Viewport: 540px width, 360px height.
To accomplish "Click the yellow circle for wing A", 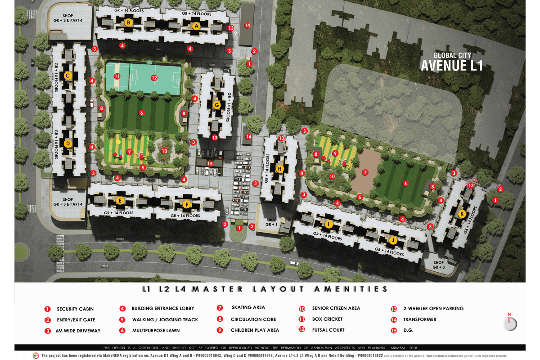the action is [196, 26].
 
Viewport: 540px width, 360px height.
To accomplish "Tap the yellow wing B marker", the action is [128, 22].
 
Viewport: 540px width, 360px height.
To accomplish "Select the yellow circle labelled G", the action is [216, 105].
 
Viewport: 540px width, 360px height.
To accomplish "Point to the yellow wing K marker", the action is [462, 214].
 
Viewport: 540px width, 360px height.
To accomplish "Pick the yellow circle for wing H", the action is [280, 169].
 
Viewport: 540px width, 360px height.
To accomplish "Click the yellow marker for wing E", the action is [120, 201].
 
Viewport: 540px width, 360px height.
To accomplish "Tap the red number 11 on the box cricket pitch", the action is [117, 76].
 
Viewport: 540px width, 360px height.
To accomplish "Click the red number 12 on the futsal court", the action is [154, 78].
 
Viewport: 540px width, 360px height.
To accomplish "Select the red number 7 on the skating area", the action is [365, 172].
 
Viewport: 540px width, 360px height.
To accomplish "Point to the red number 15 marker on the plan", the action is [209, 163].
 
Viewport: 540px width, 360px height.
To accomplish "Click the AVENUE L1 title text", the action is [451, 66].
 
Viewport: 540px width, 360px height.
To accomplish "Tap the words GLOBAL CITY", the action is [452, 55].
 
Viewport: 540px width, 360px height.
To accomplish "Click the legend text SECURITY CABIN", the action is [75, 309].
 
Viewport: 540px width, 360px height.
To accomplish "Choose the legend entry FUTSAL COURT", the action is [328, 330].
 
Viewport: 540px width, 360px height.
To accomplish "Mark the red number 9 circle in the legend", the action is [220, 330].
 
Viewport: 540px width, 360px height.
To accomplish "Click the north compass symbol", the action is [510, 323].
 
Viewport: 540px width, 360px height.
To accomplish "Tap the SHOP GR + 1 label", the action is [271, 222].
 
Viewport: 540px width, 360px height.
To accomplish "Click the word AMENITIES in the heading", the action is [349, 289].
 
